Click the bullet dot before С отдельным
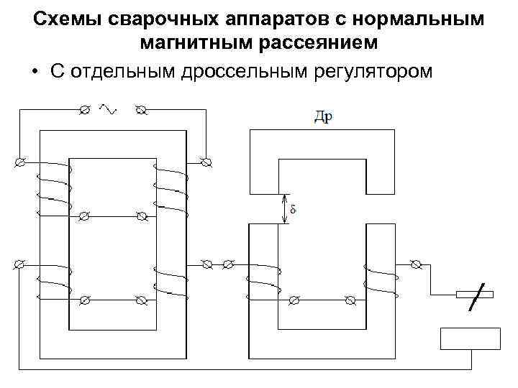(34, 72)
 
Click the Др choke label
(322, 117)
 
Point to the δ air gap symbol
(293, 210)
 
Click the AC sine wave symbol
(109, 108)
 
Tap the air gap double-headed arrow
(285, 209)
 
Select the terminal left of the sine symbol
(84, 109)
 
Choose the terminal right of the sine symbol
(140, 109)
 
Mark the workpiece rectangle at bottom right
(470, 338)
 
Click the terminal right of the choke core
(415, 264)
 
